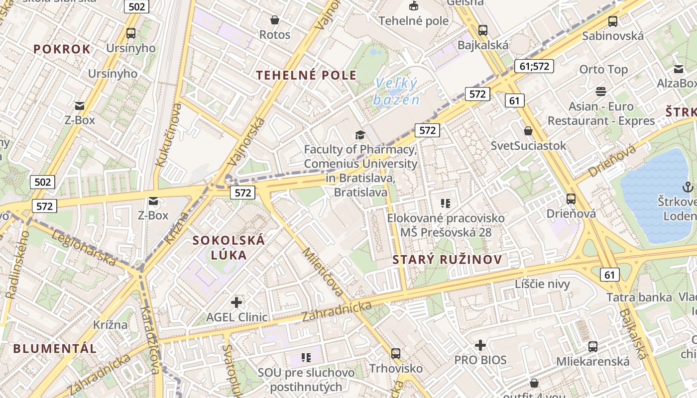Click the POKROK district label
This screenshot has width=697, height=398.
62,49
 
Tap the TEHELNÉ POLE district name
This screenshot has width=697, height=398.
306,75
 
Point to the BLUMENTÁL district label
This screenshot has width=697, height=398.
55,348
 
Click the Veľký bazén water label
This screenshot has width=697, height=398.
396,92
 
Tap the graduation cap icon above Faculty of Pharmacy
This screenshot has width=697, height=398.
359,135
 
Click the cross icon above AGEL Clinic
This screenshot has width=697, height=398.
236,302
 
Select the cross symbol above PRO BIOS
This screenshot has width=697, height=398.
480,345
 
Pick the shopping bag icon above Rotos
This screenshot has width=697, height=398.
274,20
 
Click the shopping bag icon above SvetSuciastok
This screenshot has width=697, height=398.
528,131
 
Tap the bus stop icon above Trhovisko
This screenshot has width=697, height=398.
396,354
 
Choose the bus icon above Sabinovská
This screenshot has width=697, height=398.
613,21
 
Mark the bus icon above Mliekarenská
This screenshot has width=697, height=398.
592,347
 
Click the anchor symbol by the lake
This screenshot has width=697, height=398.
688,187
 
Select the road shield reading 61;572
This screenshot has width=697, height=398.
534,66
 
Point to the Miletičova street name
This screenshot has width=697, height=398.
323,273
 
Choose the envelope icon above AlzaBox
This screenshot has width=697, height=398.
679,69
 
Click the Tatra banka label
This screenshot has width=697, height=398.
639,298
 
